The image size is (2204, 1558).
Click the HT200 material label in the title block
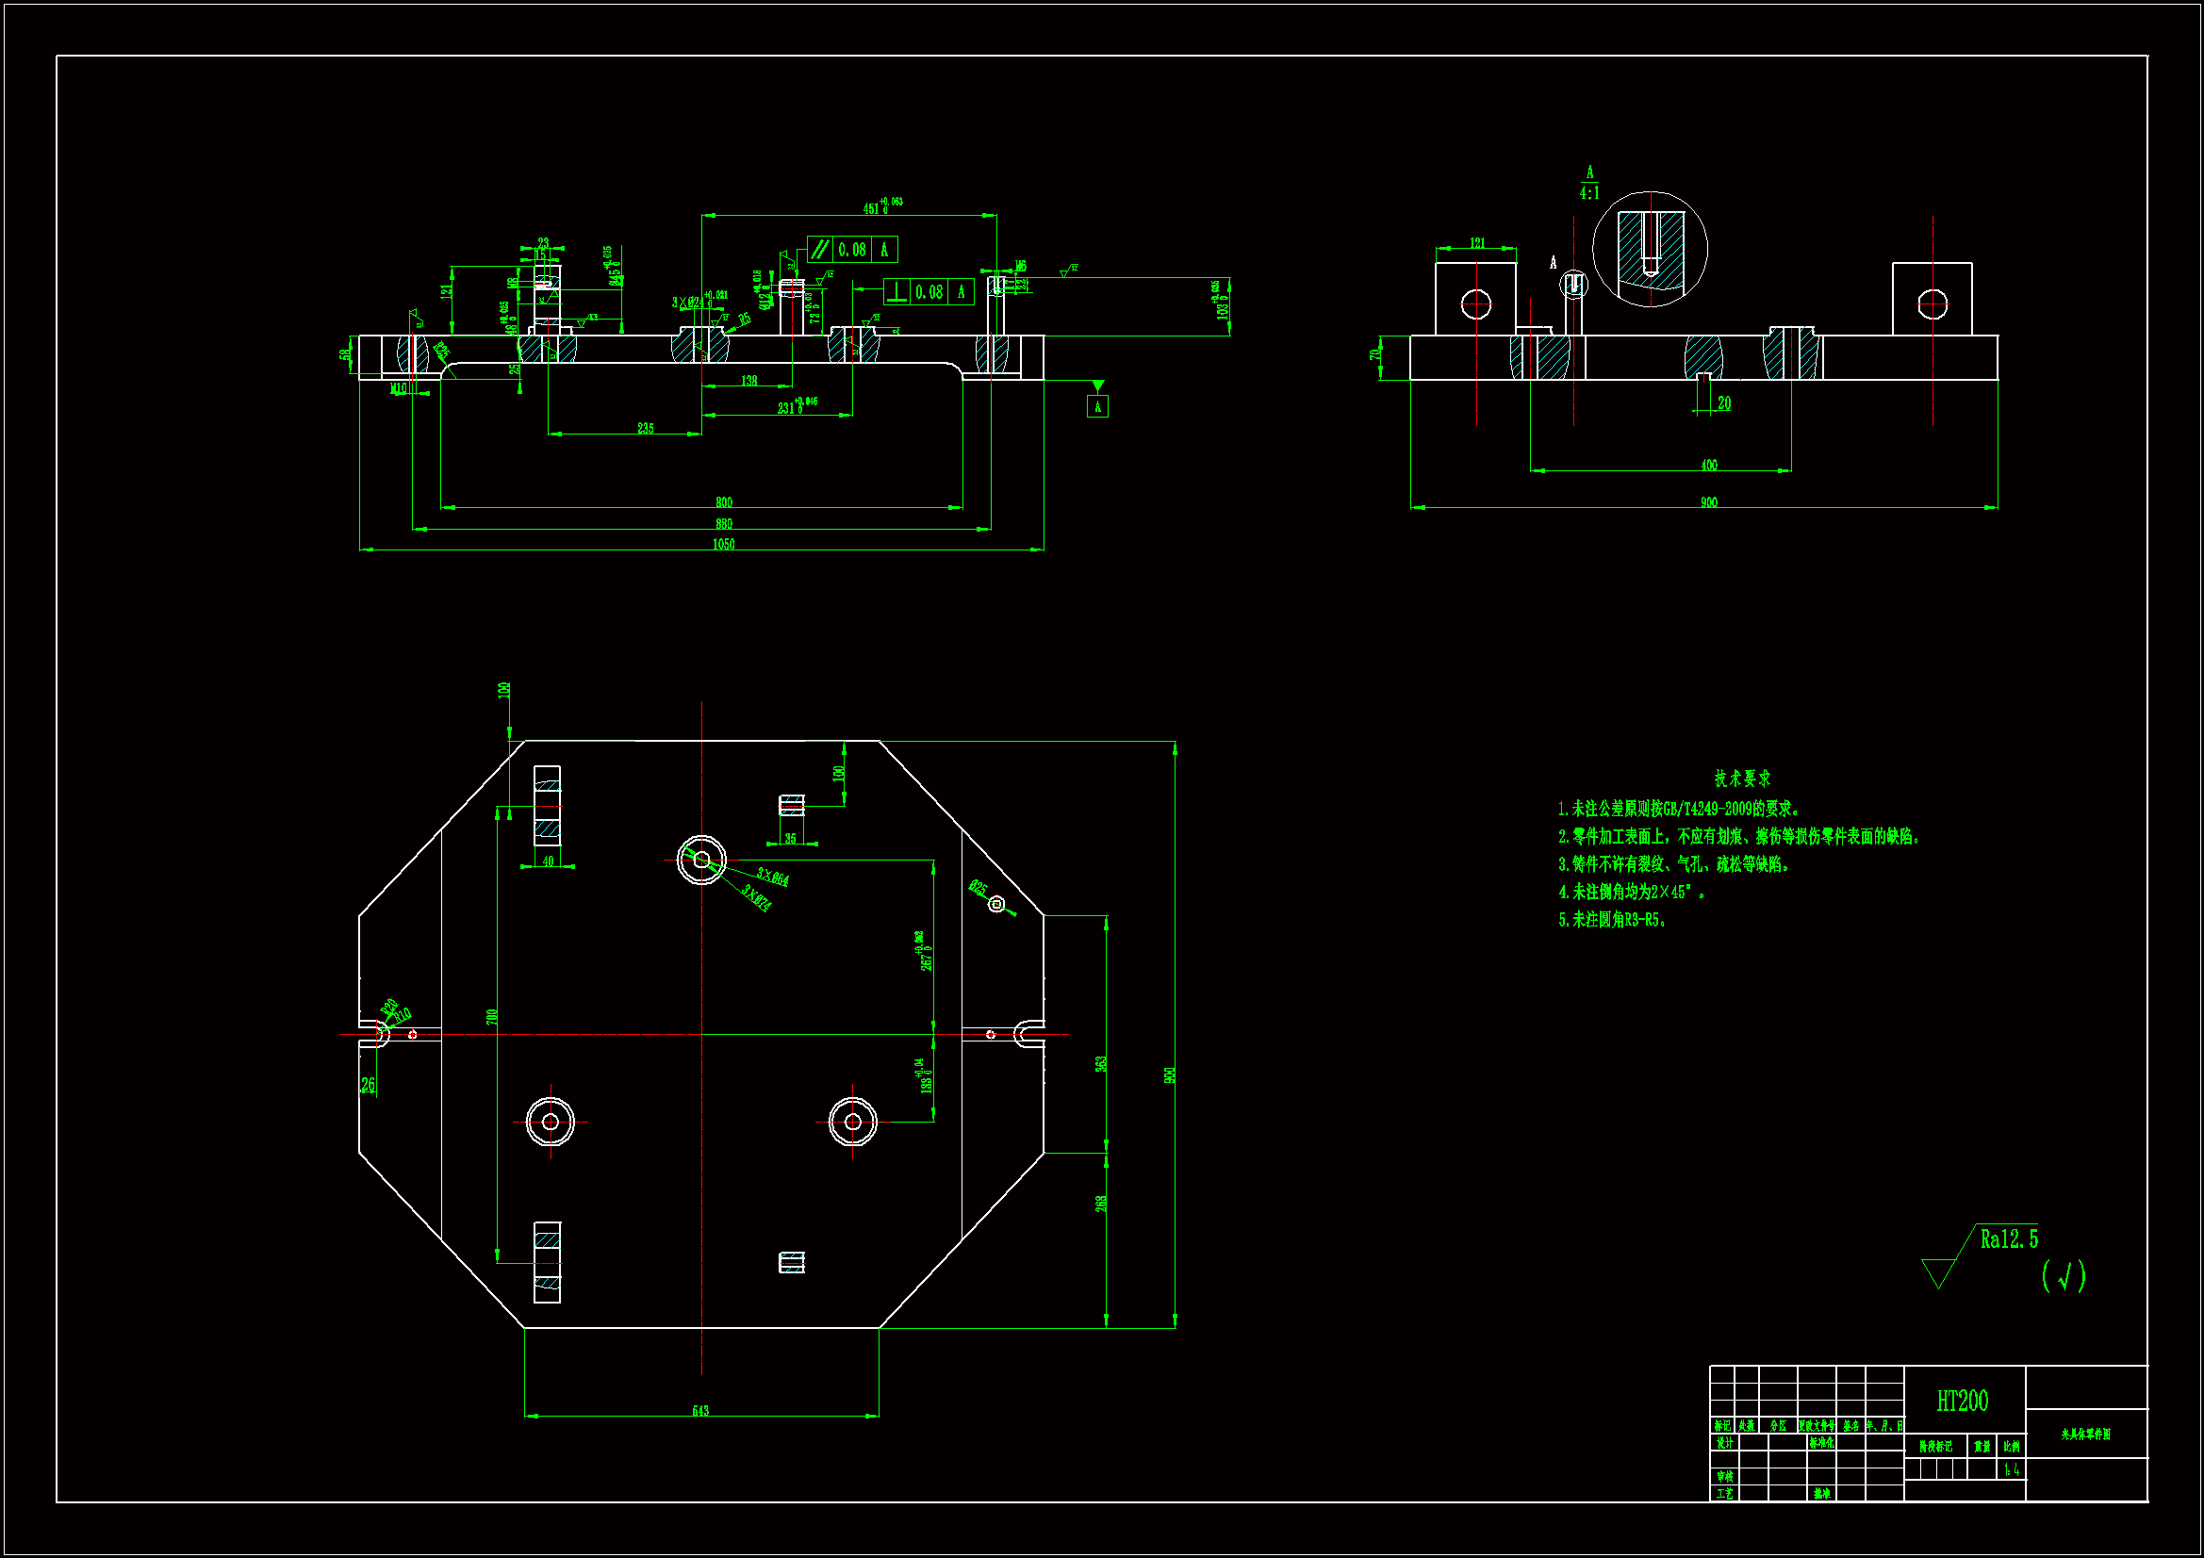pos(1962,1402)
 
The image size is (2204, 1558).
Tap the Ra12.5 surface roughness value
pos(2008,1239)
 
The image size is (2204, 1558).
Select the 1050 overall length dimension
pos(724,544)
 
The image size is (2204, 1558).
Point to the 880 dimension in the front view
pos(724,523)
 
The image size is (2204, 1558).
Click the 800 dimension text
pos(724,502)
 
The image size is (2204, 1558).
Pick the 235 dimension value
pos(645,428)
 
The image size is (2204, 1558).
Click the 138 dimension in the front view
pos(748,381)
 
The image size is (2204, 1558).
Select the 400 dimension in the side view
pos(1709,465)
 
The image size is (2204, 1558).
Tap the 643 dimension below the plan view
pos(700,1410)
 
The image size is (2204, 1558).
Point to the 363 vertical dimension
pos(1101,1063)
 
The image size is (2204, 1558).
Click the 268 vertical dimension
pos(1101,1202)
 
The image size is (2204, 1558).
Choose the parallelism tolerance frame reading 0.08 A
pos(852,250)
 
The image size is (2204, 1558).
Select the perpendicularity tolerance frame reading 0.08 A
pos(929,292)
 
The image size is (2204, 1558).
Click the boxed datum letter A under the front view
pos(1097,407)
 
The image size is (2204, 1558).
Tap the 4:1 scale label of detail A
pos(1589,193)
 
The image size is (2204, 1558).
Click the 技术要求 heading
pos(1742,779)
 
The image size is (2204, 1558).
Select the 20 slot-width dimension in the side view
pos(1724,403)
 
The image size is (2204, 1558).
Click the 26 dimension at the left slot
pos(368,1085)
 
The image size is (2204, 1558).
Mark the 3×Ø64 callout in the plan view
pos(773,877)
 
